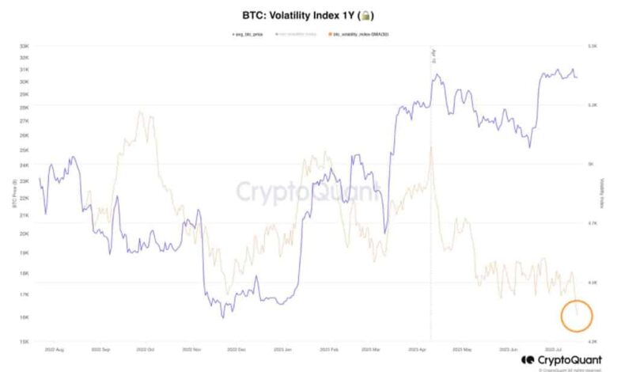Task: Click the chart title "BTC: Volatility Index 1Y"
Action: coord(298,15)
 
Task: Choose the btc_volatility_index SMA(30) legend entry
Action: coord(361,34)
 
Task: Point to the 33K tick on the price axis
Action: coord(25,46)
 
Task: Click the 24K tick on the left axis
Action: coord(25,165)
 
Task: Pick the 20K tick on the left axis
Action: coord(25,233)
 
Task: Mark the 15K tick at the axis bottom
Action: coord(25,341)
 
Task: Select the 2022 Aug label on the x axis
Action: coord(56,347)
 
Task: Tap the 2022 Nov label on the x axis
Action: coord(193,347)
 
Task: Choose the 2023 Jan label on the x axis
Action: coord(283,347)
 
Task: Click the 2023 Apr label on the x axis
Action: coord(418,347)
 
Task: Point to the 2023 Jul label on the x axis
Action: coord(553,347)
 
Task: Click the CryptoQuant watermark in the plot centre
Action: coord(308,191)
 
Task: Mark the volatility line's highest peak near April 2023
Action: coord(431,147)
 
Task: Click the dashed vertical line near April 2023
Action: coord(431,237)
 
